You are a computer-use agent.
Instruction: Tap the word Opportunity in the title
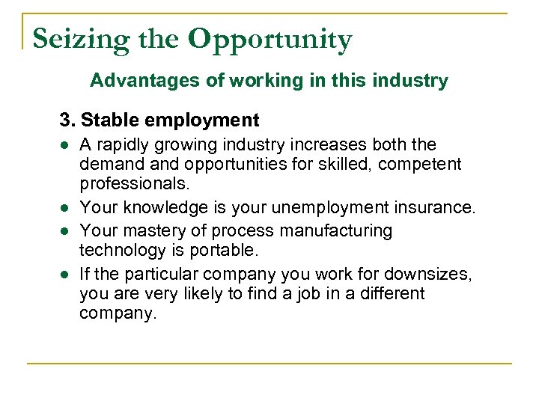pos(269,39)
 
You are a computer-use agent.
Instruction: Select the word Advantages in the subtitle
pos(138,80)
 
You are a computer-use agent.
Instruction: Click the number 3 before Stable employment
pos(65,120)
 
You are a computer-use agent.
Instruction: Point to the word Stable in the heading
pos(106,120)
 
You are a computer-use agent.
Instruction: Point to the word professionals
pos(133,183)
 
